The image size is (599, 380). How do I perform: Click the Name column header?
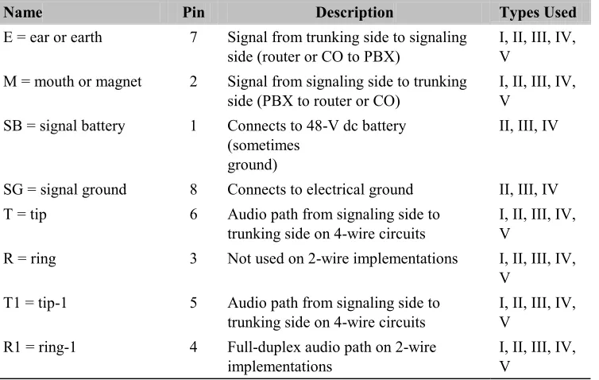[23, 12]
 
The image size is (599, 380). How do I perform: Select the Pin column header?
[193, 12]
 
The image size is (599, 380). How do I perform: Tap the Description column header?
[354, 12]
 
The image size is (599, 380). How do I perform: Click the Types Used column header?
[538, 12]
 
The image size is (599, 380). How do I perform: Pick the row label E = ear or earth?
[52, 37]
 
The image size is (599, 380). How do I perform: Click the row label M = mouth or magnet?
[72, 81]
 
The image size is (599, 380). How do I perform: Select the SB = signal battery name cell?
[64, 126]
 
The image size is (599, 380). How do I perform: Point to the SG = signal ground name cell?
[64, 189]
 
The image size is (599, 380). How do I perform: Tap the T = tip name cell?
[25, 215]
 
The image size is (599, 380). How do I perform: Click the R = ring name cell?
[29, 259]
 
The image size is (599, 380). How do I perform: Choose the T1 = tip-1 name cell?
[35, 303]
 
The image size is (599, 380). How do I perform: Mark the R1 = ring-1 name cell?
[40, 347]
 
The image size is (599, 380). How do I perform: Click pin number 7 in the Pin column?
[194, 37]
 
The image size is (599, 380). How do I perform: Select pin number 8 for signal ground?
[194, 189]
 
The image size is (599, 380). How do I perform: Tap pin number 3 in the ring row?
[194, 259]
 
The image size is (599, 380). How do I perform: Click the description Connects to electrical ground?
[320, 190]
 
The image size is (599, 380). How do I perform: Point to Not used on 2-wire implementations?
[342, 259]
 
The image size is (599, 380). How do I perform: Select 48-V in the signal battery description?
[323, 126]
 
